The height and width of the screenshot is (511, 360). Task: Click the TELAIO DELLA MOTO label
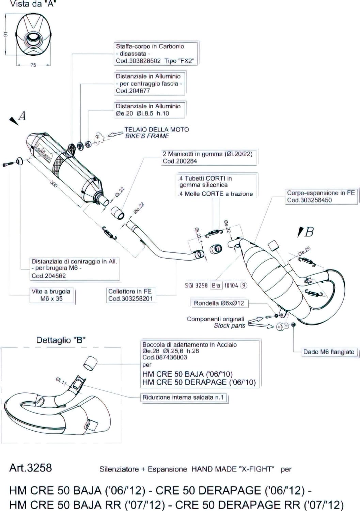pos(156,129)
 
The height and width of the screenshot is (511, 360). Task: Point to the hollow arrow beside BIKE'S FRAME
pos(115,134)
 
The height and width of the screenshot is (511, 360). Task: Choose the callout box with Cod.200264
pos(208,157)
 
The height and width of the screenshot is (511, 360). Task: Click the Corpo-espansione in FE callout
pos(320,197)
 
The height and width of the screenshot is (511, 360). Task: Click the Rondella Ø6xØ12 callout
pos(219,303)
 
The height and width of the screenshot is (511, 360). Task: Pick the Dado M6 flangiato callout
pos(329,352)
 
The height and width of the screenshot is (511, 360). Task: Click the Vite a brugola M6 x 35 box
pos(51,295)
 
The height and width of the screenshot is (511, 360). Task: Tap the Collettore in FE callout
pos(130,295)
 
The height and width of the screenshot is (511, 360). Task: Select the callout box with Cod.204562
pos(74,268)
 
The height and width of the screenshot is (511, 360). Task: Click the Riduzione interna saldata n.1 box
pos(183,397)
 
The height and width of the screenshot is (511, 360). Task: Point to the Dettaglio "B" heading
pos(61,340)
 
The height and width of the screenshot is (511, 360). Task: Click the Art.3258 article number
pos(31,467)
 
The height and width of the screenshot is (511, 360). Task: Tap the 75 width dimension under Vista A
pos(33,65)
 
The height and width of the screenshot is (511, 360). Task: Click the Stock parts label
pos(229,326)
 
